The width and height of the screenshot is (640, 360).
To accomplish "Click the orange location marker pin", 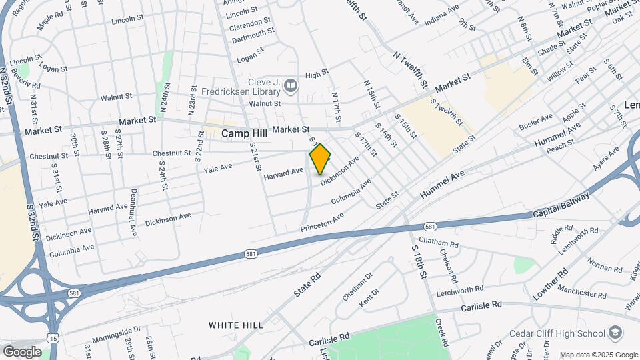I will pos(320,159).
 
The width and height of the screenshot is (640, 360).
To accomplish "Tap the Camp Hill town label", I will pos(245,133).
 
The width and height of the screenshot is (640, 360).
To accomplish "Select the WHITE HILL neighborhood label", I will pos(235,325).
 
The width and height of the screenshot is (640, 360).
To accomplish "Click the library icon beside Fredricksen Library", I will pos(291,85).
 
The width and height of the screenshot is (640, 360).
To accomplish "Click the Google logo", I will pos(22,351).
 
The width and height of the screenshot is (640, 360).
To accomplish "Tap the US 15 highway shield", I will pos(53,339).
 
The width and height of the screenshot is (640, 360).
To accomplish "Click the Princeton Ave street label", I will pos(322,223).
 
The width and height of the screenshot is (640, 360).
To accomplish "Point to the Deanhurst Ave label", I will pos(134,213).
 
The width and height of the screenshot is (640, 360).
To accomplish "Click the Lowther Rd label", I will pos(549,284).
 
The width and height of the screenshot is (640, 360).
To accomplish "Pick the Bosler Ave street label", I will pos(536,123).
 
